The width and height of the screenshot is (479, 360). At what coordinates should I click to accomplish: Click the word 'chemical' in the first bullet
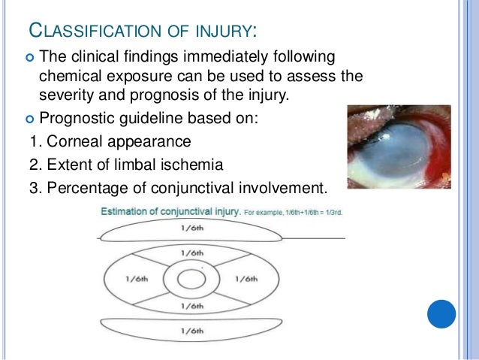pyautogui.click(x=68, y=77)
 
